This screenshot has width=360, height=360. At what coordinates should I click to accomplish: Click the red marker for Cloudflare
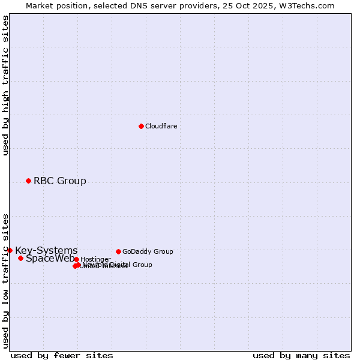(x=141, y=126)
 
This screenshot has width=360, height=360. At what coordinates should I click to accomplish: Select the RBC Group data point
(x=28, y=181)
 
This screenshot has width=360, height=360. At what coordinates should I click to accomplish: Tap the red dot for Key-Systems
(x=10, y=250)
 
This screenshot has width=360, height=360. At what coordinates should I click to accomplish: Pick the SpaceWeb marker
(x=20, y=258)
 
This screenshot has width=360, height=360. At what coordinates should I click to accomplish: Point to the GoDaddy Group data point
(x=118, y=251)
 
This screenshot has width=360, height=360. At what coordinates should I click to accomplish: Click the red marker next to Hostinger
(x=76, y=259)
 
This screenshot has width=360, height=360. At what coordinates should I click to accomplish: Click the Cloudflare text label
(x=161, y=126)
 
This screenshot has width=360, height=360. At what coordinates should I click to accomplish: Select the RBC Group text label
(x=59, y=181)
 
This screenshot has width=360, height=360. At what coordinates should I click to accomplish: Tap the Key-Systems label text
(x=46, y=250)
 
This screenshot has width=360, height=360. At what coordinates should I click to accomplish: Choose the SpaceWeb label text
(x=50, y=259)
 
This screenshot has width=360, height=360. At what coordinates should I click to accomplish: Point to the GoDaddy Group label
(x=148, y=251)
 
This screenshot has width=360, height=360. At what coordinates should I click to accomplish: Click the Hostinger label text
(x=95, y=259)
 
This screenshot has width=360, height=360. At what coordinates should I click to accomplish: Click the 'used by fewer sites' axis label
(x=62, y=355)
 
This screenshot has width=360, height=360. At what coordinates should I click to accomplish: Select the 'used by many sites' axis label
(x=301, y=355)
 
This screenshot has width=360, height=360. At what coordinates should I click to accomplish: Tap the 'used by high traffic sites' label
(x=5, y=85)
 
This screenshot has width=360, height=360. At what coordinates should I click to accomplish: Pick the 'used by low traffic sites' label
(x=5, y=280)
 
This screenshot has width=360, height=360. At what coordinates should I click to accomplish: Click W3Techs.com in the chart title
(x=308, y=5)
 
